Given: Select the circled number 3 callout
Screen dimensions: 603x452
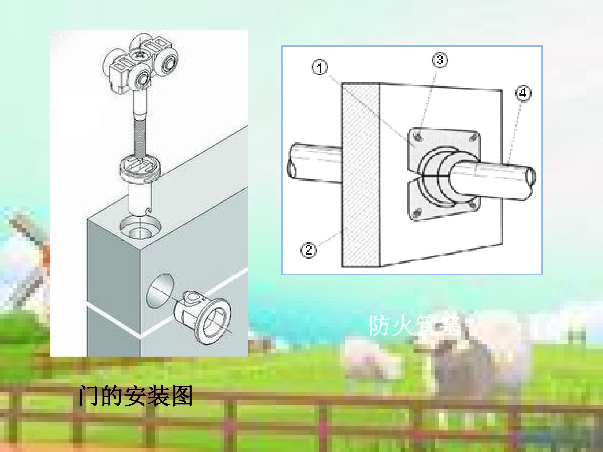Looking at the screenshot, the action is coord(440,60).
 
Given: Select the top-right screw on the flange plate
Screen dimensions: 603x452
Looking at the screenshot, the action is coord(473,138).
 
